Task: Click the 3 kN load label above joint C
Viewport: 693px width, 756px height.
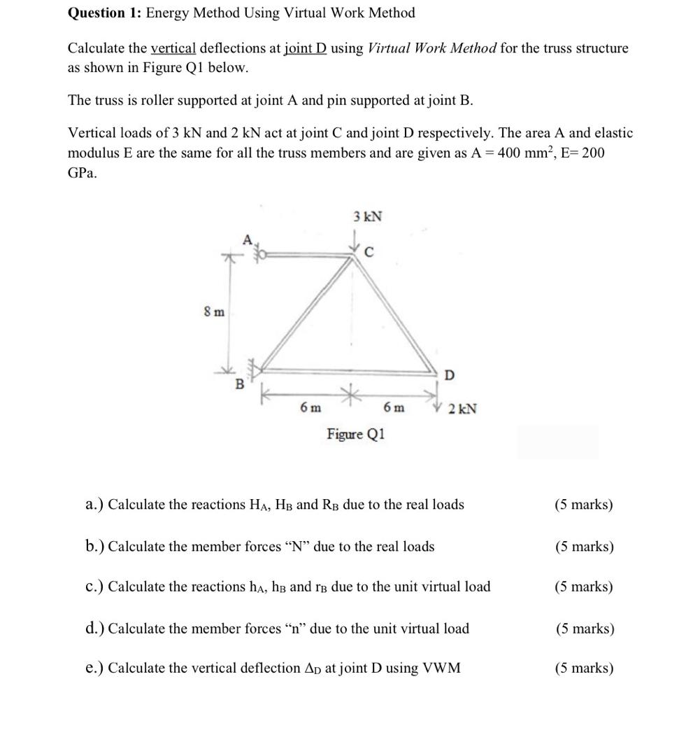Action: tap(367, 216)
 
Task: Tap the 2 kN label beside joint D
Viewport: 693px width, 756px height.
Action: tap(462, 409)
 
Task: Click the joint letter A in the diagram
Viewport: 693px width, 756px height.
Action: tap(246, 240)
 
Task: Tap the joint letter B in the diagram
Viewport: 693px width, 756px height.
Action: tap(239, 384)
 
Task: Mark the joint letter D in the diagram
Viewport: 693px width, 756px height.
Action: tap(449, 375)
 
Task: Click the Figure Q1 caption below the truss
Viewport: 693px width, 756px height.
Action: tap(355, 434)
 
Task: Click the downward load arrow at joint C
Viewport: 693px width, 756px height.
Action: tap(354, 242)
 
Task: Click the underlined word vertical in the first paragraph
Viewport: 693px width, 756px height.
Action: tap(173, 48)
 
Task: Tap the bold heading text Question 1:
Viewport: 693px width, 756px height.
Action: tap(105, 13)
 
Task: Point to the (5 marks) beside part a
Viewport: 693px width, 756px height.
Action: tap(583, 505)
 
